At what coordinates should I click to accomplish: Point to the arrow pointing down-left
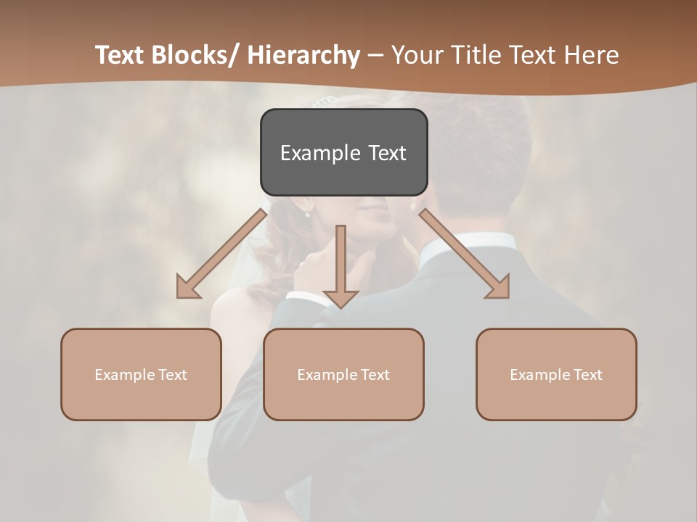(221, 254)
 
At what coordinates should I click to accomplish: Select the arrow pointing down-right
(465, 254)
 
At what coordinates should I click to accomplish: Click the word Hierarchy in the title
(303, 56)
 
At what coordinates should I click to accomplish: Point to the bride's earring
(307, 214)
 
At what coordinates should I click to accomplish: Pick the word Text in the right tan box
(587, 375)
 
